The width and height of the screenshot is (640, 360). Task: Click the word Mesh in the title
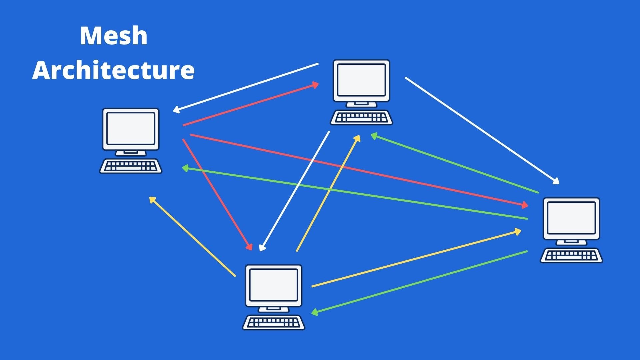tap(113, 36)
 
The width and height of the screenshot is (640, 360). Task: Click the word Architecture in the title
tap(113, 70)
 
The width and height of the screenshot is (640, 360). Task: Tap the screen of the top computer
tap(361, 80)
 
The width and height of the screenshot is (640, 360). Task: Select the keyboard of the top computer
tap(361, 118)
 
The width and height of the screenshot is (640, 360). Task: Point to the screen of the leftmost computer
tap(131, 128)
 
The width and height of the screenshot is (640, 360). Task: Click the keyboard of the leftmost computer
tap(131, 166)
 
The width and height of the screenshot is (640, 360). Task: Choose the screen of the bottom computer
tap(273, 285)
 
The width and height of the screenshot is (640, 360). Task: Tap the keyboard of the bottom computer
tap(273, 323)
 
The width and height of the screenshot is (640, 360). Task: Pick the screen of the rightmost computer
tap(571, 218)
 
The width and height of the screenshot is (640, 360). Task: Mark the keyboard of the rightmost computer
tap(571, 256)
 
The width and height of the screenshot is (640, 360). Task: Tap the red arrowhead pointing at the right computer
tap(525, 205)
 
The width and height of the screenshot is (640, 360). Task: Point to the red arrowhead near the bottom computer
tap(249, 247)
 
